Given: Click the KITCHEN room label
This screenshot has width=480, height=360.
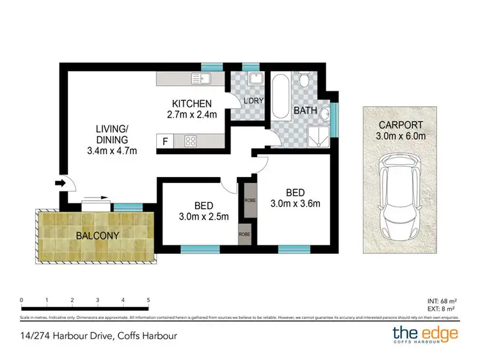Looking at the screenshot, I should click(x=191, y=104).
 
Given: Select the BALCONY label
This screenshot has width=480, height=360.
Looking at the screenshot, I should click(x=98, y=235).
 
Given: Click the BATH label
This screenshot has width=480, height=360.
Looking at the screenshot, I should click(x=305, y=111).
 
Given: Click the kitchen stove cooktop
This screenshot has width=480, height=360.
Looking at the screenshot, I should click(x=191, y=141).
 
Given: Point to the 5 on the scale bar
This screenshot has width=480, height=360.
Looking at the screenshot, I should click(x=148, y=299).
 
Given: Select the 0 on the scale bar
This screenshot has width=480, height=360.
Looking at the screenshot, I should click(x=22, y=299).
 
